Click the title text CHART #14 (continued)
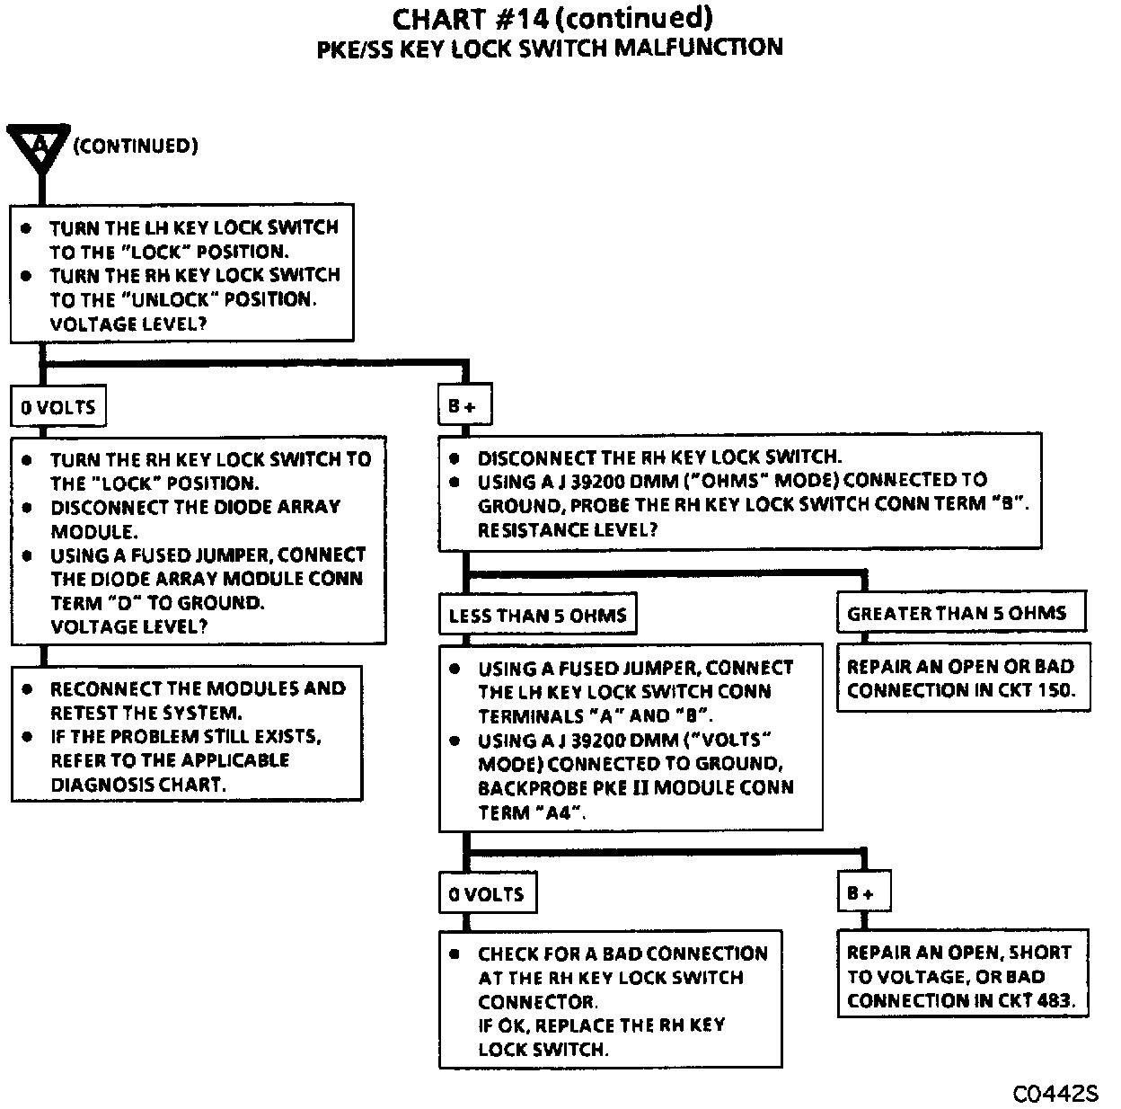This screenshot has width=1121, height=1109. coord(552,18)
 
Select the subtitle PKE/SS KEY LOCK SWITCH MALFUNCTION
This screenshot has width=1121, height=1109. coord(550,48)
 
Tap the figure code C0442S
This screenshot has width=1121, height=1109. coord(1055,1094)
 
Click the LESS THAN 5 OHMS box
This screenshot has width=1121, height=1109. coord(537,616)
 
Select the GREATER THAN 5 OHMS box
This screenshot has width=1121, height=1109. coord(958,613)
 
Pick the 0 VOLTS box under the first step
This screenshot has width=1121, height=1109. coord(58,407)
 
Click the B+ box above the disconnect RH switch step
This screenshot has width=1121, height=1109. coord(462,407)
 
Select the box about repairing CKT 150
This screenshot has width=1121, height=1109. coord(962,678)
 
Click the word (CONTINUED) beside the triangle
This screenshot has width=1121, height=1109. coord(136,146)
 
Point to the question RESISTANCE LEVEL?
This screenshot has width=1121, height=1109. coord(568,529)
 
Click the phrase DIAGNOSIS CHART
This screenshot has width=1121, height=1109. coord(136,784)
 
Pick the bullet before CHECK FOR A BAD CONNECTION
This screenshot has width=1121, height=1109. coord(455,954)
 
